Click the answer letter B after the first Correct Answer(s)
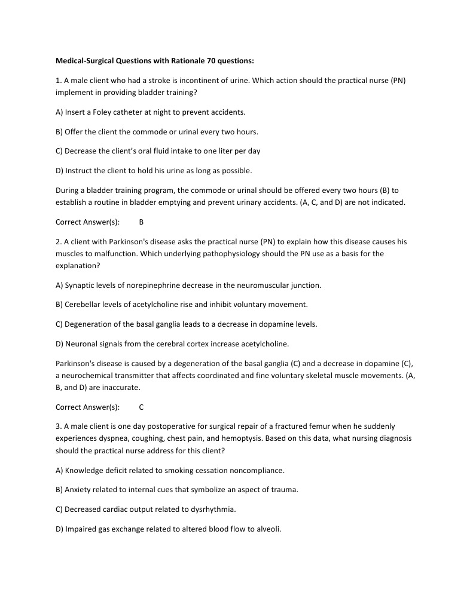click(x=141, y=222)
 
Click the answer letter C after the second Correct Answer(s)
click(x=141, y=407)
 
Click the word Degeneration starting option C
click(x=89, y=324)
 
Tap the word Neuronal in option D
click(x=81, y=343)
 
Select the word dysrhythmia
click(x=215, y=509)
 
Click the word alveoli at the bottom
click(x=268, y=529)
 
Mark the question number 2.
click(x=58, y=242)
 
